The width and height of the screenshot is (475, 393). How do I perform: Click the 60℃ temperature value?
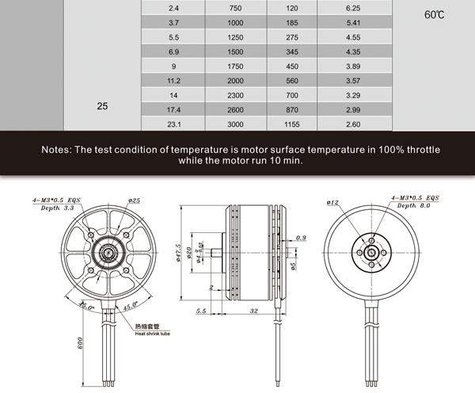coord(435,15)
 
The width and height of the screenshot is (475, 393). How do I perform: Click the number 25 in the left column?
coord(102,105)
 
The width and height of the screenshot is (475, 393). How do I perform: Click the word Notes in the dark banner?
coord(59,149)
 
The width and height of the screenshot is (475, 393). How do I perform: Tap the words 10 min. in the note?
coord(283,161)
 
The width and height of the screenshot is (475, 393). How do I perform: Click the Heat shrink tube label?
coord(153,334)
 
